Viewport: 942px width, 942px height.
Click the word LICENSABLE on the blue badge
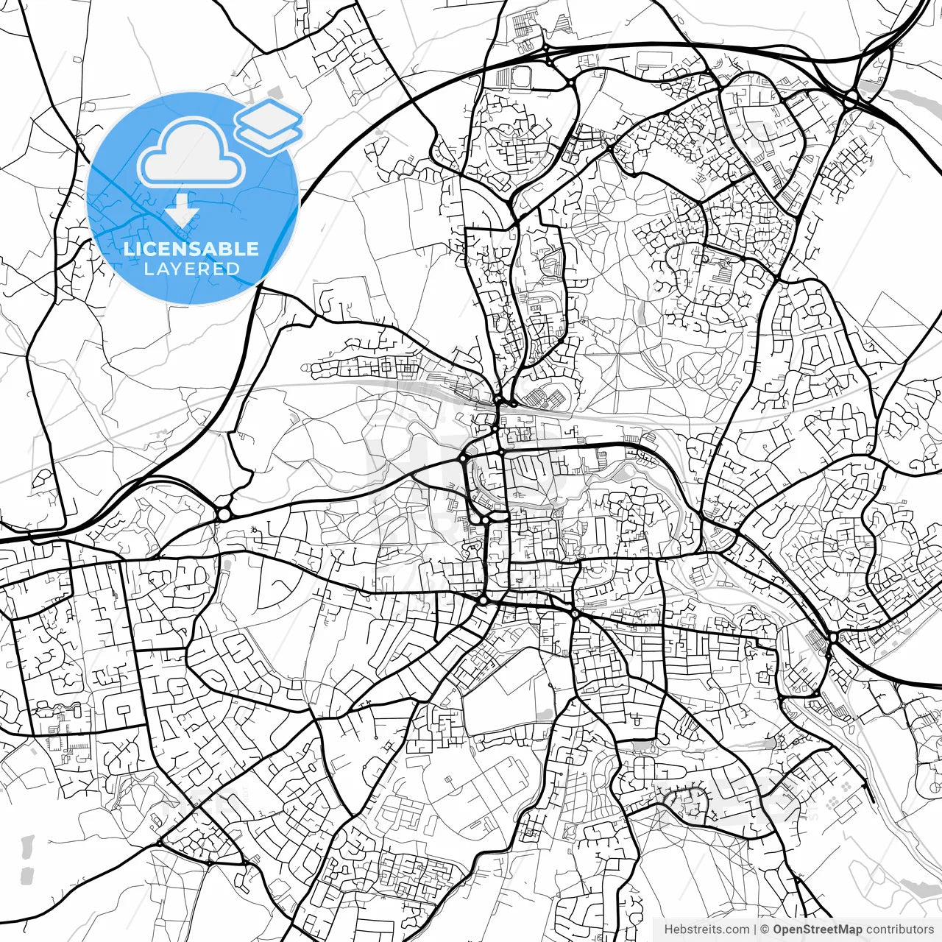tap(191, 249)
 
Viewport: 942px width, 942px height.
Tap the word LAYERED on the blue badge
tap(191, 269)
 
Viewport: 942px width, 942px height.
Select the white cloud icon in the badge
tap(191, 156)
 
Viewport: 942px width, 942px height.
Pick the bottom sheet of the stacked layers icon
tap(269, 135)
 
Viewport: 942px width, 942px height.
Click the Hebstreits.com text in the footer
tap(706, 929)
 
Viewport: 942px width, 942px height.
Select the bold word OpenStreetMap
tap(818, 929)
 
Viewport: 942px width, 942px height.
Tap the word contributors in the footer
tap(899, 929)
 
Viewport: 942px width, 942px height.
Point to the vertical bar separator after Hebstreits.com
tap(755, 929)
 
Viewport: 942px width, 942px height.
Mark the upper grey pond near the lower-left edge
tap(28, 846)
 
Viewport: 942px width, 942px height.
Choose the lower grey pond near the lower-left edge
tap(26, 875)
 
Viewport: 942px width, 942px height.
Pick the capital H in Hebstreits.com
tap(668, 929)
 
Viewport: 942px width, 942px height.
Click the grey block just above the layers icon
tap(275, 93)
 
